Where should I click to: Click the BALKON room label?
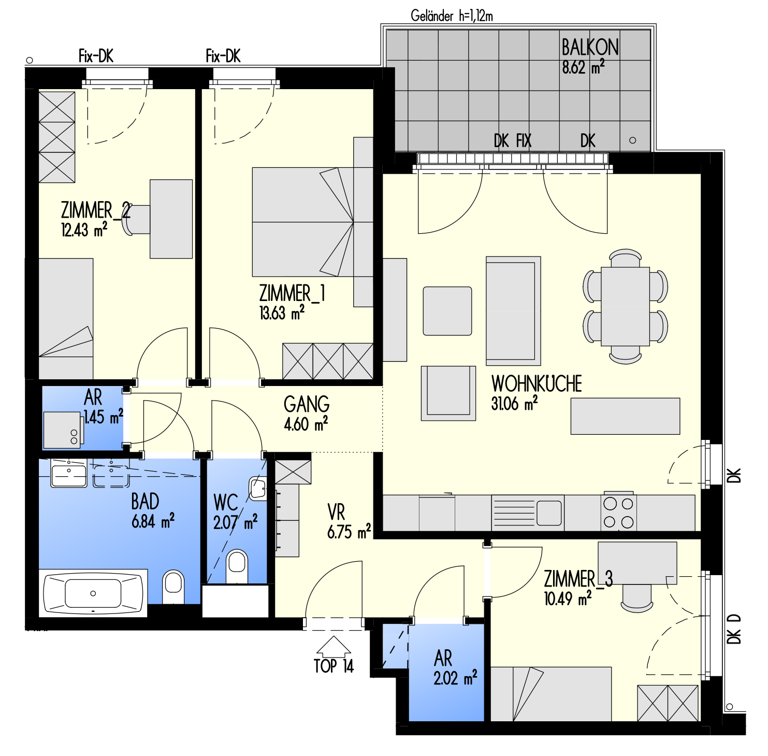(590, 47)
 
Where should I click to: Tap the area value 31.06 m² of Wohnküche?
(514, 403)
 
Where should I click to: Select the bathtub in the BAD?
(93, 593)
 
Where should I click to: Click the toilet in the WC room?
(237, 566)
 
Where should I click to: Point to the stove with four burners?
(619, 512)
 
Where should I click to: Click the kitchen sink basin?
(549, 513)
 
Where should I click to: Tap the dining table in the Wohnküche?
(625, 306)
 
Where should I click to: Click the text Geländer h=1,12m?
(452, 16)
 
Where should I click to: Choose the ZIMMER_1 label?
(292, 293)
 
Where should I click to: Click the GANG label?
(307, 404)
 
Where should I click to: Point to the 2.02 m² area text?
(455, 678)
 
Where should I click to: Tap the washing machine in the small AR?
(62, 430)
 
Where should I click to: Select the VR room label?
(336, 512)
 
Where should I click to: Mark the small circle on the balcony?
(632, 140)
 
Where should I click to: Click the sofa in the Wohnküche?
(513, 311)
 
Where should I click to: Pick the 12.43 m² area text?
(84, 230)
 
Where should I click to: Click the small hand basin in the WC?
(258, 488)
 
